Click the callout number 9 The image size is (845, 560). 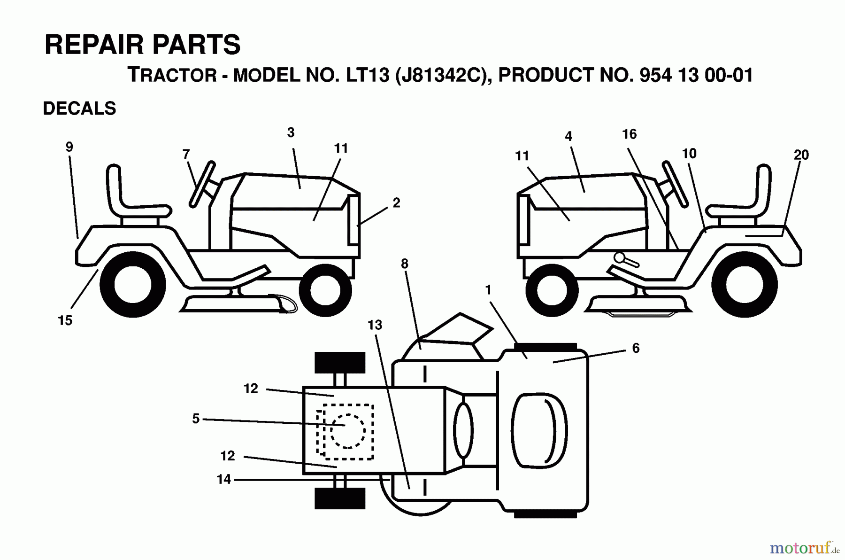69,147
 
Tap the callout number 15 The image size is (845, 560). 65,320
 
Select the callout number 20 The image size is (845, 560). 801,155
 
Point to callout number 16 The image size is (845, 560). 629,134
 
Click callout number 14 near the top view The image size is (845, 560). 224,479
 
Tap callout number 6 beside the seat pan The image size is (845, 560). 636,348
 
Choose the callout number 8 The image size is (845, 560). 405,264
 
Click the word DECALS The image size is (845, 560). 79,109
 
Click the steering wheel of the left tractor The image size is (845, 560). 202,184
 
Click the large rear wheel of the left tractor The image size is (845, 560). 133,284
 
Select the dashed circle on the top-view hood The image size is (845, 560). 347,431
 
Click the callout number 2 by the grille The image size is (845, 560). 396,203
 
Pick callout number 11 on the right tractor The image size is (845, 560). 522,156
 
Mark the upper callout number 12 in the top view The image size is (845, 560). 251,389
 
